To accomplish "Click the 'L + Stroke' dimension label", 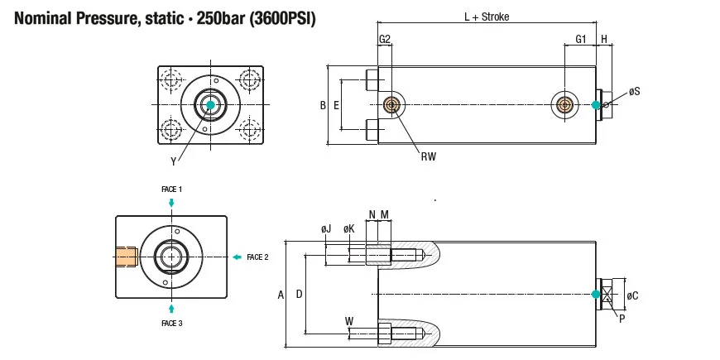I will click(487, 17).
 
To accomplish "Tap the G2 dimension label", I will click(385, 39).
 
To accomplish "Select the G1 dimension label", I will click(581, 39).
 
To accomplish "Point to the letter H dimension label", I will click(604, 39).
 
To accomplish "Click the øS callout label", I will click(634, 92).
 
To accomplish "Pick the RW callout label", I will click(428, 155).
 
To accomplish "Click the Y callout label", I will click(173, 161).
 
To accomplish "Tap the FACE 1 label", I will click(171, 190).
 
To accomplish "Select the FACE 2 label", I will click(257, 257).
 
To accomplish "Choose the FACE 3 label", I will click(171, 324).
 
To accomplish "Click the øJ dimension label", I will click(325, 228).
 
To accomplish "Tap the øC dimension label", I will click(633, 295).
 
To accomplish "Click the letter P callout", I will click(621, 317).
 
